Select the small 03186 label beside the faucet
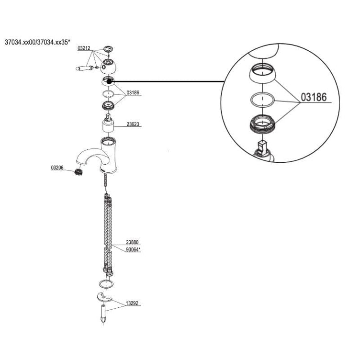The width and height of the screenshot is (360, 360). tap(133, 92)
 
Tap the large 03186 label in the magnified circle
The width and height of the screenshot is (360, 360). tap(313, 97)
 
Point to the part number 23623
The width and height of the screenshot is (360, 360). tap(133, 124)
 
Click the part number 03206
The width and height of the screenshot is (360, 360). tap(57, 167)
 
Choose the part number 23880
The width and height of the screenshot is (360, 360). tap(133, 243)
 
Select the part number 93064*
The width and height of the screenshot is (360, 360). tap(134, 249)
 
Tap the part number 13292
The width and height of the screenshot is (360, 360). tap(133, 303)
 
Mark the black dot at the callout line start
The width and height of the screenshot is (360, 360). tap(110, 81)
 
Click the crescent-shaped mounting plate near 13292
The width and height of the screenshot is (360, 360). tap(106, 297)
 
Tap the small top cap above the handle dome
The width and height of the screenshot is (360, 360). tap(109, 49)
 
